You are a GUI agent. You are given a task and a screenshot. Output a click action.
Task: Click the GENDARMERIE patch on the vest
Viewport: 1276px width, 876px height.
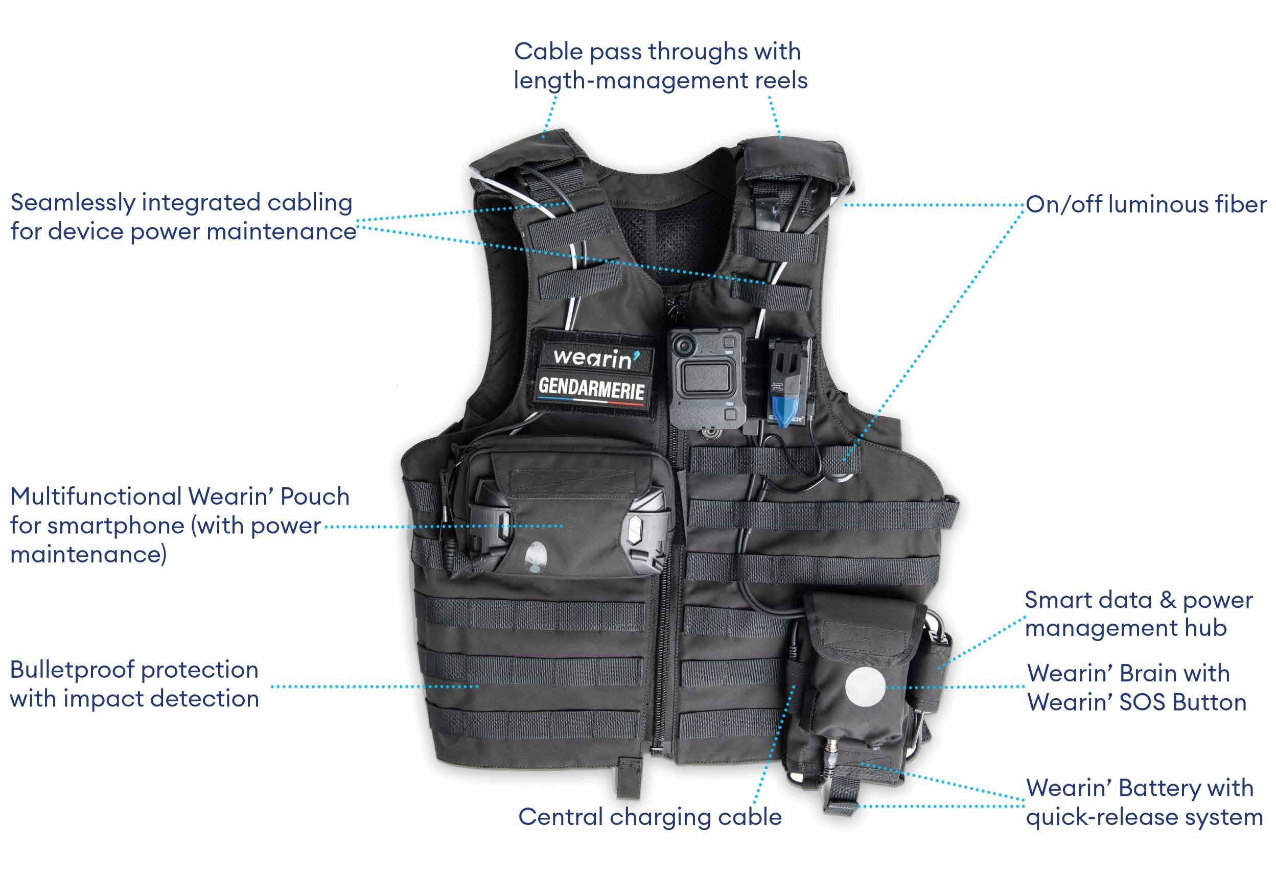591,389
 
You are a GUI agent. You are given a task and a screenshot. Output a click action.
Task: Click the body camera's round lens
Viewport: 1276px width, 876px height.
684,345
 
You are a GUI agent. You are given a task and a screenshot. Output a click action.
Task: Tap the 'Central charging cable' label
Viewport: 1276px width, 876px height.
649,817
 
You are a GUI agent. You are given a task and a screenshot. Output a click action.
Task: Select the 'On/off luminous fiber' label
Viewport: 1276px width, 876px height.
1145,204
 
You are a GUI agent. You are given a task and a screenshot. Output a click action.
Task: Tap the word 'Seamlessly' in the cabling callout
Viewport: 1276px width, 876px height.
73,203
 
